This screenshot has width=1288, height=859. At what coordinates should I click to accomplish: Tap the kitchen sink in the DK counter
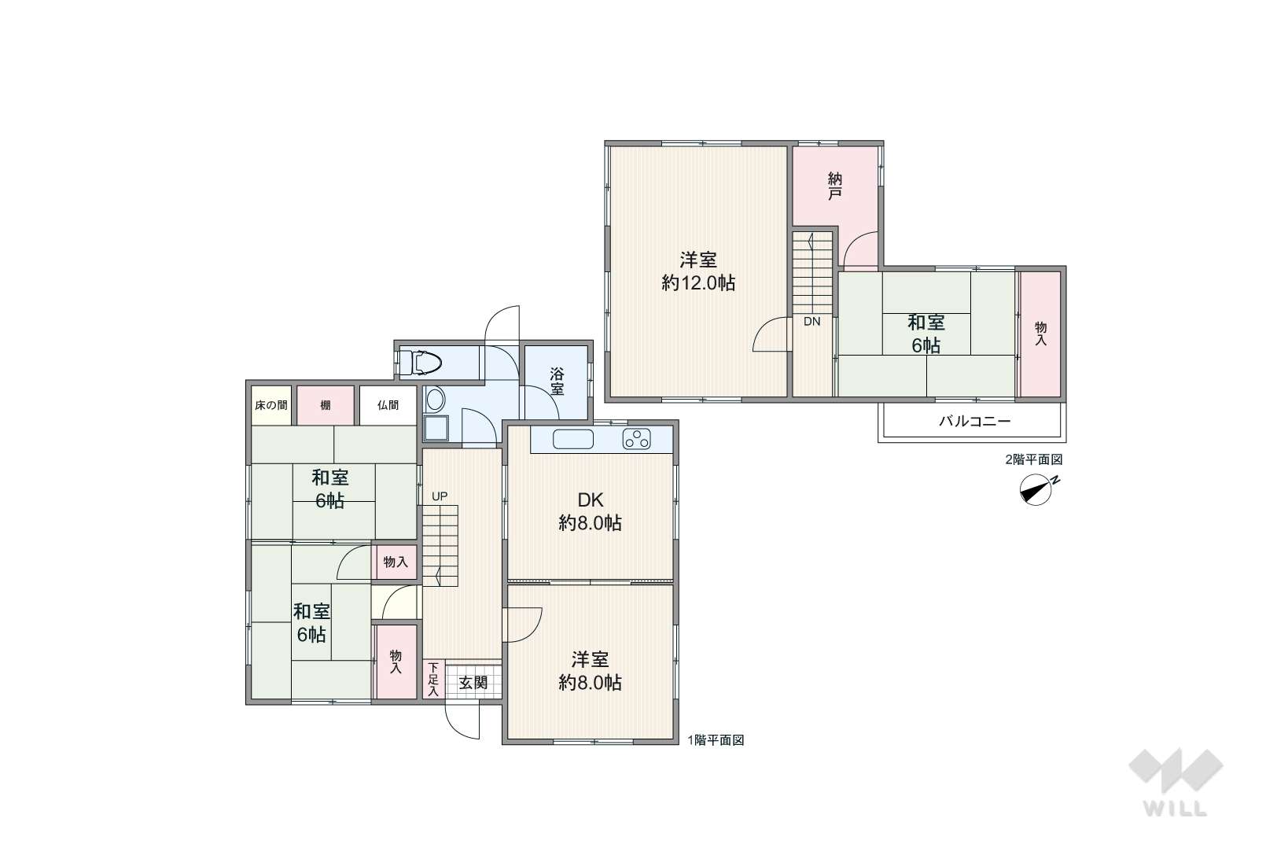pos(572,439)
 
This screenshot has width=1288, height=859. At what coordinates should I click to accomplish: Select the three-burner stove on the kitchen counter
pos(636,439)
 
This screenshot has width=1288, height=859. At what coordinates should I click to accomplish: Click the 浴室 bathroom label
pos(557,381)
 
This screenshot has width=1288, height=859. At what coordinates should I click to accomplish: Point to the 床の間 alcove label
pos(270,405)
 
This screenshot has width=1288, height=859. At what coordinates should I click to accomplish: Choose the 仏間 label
pos(388,405)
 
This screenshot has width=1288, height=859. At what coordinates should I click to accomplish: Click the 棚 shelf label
pos(326,405)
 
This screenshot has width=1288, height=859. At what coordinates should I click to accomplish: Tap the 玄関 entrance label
pos(473,682)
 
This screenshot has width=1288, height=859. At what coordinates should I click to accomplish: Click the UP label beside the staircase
pos(440,496)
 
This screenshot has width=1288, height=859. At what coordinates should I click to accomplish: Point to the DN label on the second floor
pos(812,322)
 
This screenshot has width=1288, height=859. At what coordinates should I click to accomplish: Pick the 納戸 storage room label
pos(835,186)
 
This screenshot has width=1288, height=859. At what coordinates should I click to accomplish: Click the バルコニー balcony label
pos(974,421)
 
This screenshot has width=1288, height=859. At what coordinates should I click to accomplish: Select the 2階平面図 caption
pos(1034,459)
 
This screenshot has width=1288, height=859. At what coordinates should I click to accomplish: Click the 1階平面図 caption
pos(716,740)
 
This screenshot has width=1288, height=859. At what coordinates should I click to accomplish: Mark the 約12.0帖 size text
pos(698,283)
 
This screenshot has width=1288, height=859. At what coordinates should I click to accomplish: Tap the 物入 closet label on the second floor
pos(1041,334)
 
